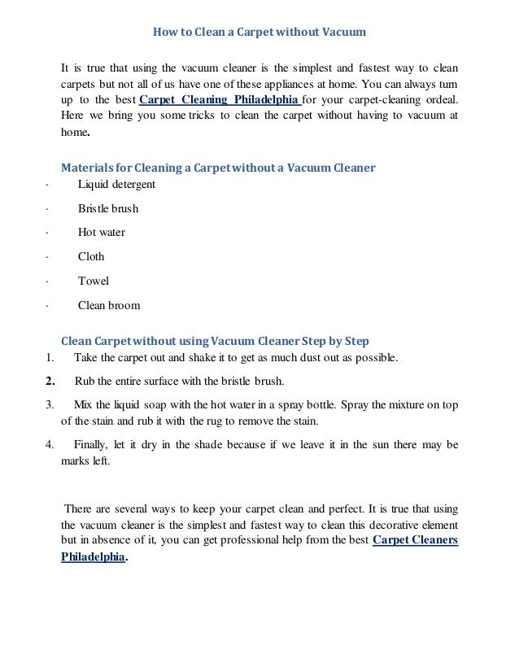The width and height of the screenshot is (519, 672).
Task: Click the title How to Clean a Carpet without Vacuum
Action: click(x=259, y=33)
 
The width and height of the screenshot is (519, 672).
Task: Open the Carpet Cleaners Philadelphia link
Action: click(x=415, y=540)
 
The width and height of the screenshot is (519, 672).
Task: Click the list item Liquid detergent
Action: click(x=116, y=184)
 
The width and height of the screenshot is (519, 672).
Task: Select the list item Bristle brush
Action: click(x=107, y=208)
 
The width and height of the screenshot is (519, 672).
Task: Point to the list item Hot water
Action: click(x=101, y=232)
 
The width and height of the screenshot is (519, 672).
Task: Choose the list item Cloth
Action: click(x=91, y=256)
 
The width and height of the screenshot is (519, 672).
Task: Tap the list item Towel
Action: click(x=93, y=281)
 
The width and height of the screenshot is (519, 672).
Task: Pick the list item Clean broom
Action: click(x=108, y=306)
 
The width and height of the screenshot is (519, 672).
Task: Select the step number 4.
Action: click(x=49, y=444)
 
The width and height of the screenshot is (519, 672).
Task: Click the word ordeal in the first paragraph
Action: click(x=440, y=101)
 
